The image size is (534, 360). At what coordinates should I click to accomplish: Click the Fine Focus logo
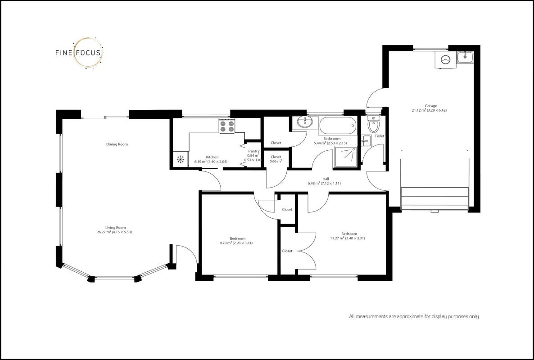point(79,53)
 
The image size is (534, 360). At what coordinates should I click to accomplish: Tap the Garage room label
point(430,106)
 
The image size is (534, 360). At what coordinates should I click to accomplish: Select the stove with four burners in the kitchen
point(227,126)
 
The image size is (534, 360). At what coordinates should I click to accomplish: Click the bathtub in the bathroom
point(338,126)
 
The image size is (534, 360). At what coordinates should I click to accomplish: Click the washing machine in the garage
point(445,60)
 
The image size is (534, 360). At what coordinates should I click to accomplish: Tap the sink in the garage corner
point(465,57)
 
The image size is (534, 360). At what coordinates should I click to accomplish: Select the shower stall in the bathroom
point(346,157)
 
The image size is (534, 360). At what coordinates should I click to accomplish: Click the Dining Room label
point(117,144)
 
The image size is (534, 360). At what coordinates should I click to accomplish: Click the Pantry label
point(254,151)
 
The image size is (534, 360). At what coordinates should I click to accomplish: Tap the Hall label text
point(326,179)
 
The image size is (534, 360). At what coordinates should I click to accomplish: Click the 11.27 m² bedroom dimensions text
point(348,238)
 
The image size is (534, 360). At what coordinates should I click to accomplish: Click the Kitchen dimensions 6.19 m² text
point(211,162)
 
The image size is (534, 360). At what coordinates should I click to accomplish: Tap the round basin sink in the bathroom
point(304,122)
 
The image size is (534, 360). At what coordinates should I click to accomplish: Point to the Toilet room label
point(380,136)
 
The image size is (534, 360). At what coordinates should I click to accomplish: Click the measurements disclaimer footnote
point(414,316)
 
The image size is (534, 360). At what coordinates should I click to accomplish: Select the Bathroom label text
point(332,139)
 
